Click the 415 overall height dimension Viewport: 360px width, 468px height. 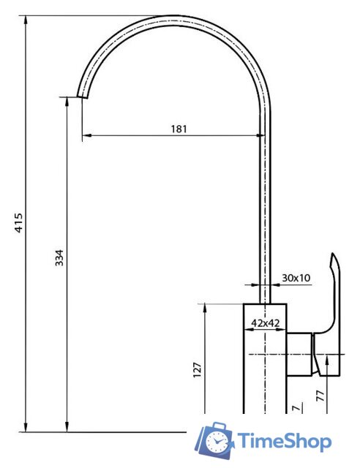19,222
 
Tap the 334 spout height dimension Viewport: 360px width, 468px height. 59,257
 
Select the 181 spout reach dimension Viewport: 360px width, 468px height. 179,129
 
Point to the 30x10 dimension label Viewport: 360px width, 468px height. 296,278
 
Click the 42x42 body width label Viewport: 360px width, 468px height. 266,323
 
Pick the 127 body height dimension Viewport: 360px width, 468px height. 198,370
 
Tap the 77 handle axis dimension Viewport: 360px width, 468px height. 320,396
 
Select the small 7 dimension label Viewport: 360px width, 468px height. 296,408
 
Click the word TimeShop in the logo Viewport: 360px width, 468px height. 284,441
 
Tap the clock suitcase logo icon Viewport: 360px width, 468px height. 214,440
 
